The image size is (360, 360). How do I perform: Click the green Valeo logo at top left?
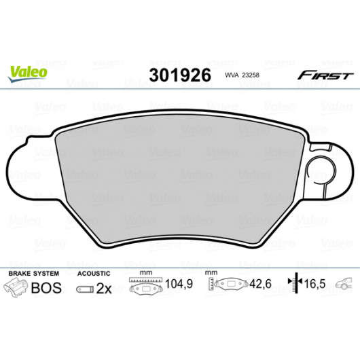pos(28,73)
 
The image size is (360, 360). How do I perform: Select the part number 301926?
pos(180,75)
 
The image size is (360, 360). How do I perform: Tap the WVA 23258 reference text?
pos(242,75)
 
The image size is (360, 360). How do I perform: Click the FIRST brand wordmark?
pos(325,75)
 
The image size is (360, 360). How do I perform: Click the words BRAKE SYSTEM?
pos(34,274)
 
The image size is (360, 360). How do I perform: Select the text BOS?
pos(46,288)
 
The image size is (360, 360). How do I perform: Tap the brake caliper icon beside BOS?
pos(16,288)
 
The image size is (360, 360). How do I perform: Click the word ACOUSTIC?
pos(94,274)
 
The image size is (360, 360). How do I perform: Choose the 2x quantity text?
pos(104,289)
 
